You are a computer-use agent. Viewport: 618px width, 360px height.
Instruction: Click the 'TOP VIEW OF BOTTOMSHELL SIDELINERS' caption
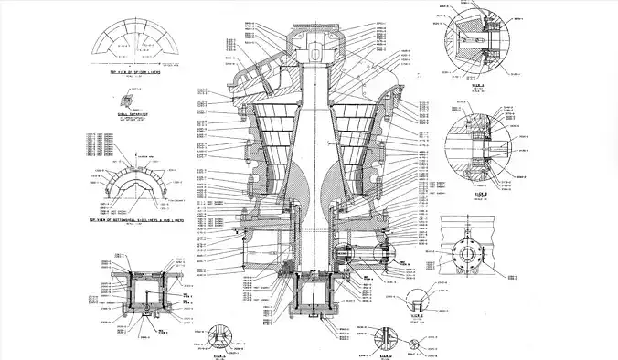132,220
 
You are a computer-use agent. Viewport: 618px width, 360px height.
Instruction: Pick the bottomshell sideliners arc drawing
133,187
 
